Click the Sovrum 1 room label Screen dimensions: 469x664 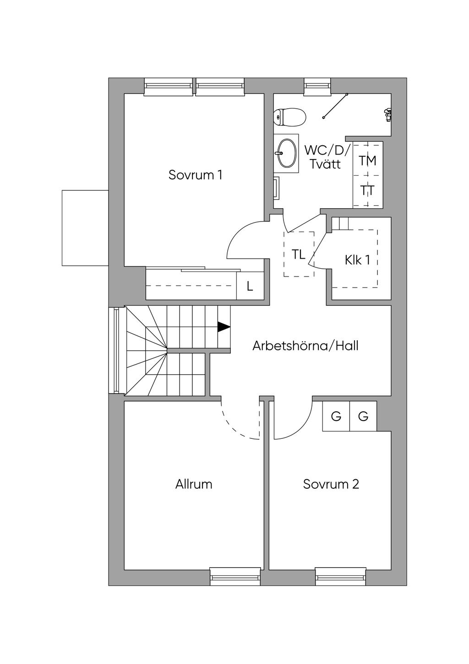(x=195, y=175)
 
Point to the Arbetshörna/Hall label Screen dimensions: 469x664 (x=305, y=346)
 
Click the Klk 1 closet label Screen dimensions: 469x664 (x=357, y=260)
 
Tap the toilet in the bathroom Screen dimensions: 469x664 (x=289, y=117)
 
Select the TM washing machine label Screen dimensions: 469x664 (x=367, y=160)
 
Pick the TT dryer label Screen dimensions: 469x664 (x=367, y=190)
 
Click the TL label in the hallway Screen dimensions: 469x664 (x=298, y=255)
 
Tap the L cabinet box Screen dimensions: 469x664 (x=250, y=286)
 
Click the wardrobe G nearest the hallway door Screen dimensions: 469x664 (x=336, y=416)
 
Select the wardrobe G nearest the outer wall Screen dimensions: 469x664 (x=363, y=416)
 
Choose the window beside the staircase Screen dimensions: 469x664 (x=117, y=350)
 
